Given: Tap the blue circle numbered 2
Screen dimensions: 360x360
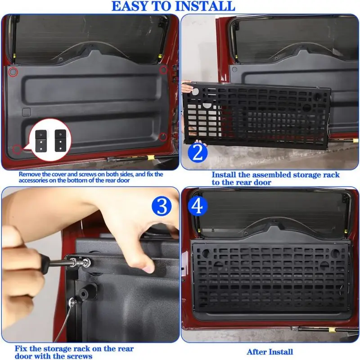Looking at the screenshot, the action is point(198,153).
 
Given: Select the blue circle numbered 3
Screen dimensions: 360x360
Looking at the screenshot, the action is point(162,206).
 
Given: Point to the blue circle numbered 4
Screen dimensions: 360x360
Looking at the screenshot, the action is point(198,206).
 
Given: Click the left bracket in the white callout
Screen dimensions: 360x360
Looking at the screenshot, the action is point(41,141).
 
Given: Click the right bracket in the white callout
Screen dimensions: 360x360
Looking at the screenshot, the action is point(60,140).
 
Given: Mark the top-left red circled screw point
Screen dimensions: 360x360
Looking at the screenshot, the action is point(13,72).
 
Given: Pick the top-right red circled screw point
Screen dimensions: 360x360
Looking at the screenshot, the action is point(163,70).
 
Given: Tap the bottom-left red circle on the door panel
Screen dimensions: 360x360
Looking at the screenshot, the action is point(17,149).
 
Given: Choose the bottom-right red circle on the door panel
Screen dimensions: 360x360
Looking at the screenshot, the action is point(163,137).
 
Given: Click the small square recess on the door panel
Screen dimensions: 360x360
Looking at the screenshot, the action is point(27,112).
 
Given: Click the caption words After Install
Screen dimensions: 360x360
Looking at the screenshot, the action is point(270,352).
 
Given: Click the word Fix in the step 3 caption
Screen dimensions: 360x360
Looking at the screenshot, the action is point(21,348).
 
